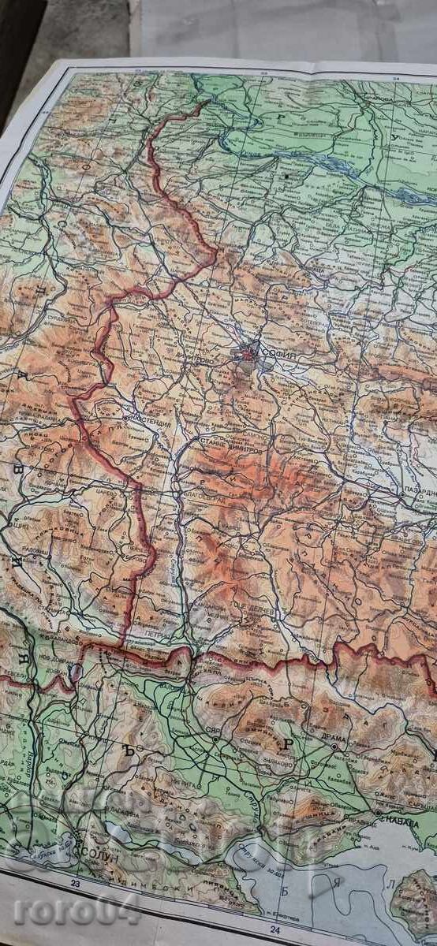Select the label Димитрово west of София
coord(203,359)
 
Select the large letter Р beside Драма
coord(289,743)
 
